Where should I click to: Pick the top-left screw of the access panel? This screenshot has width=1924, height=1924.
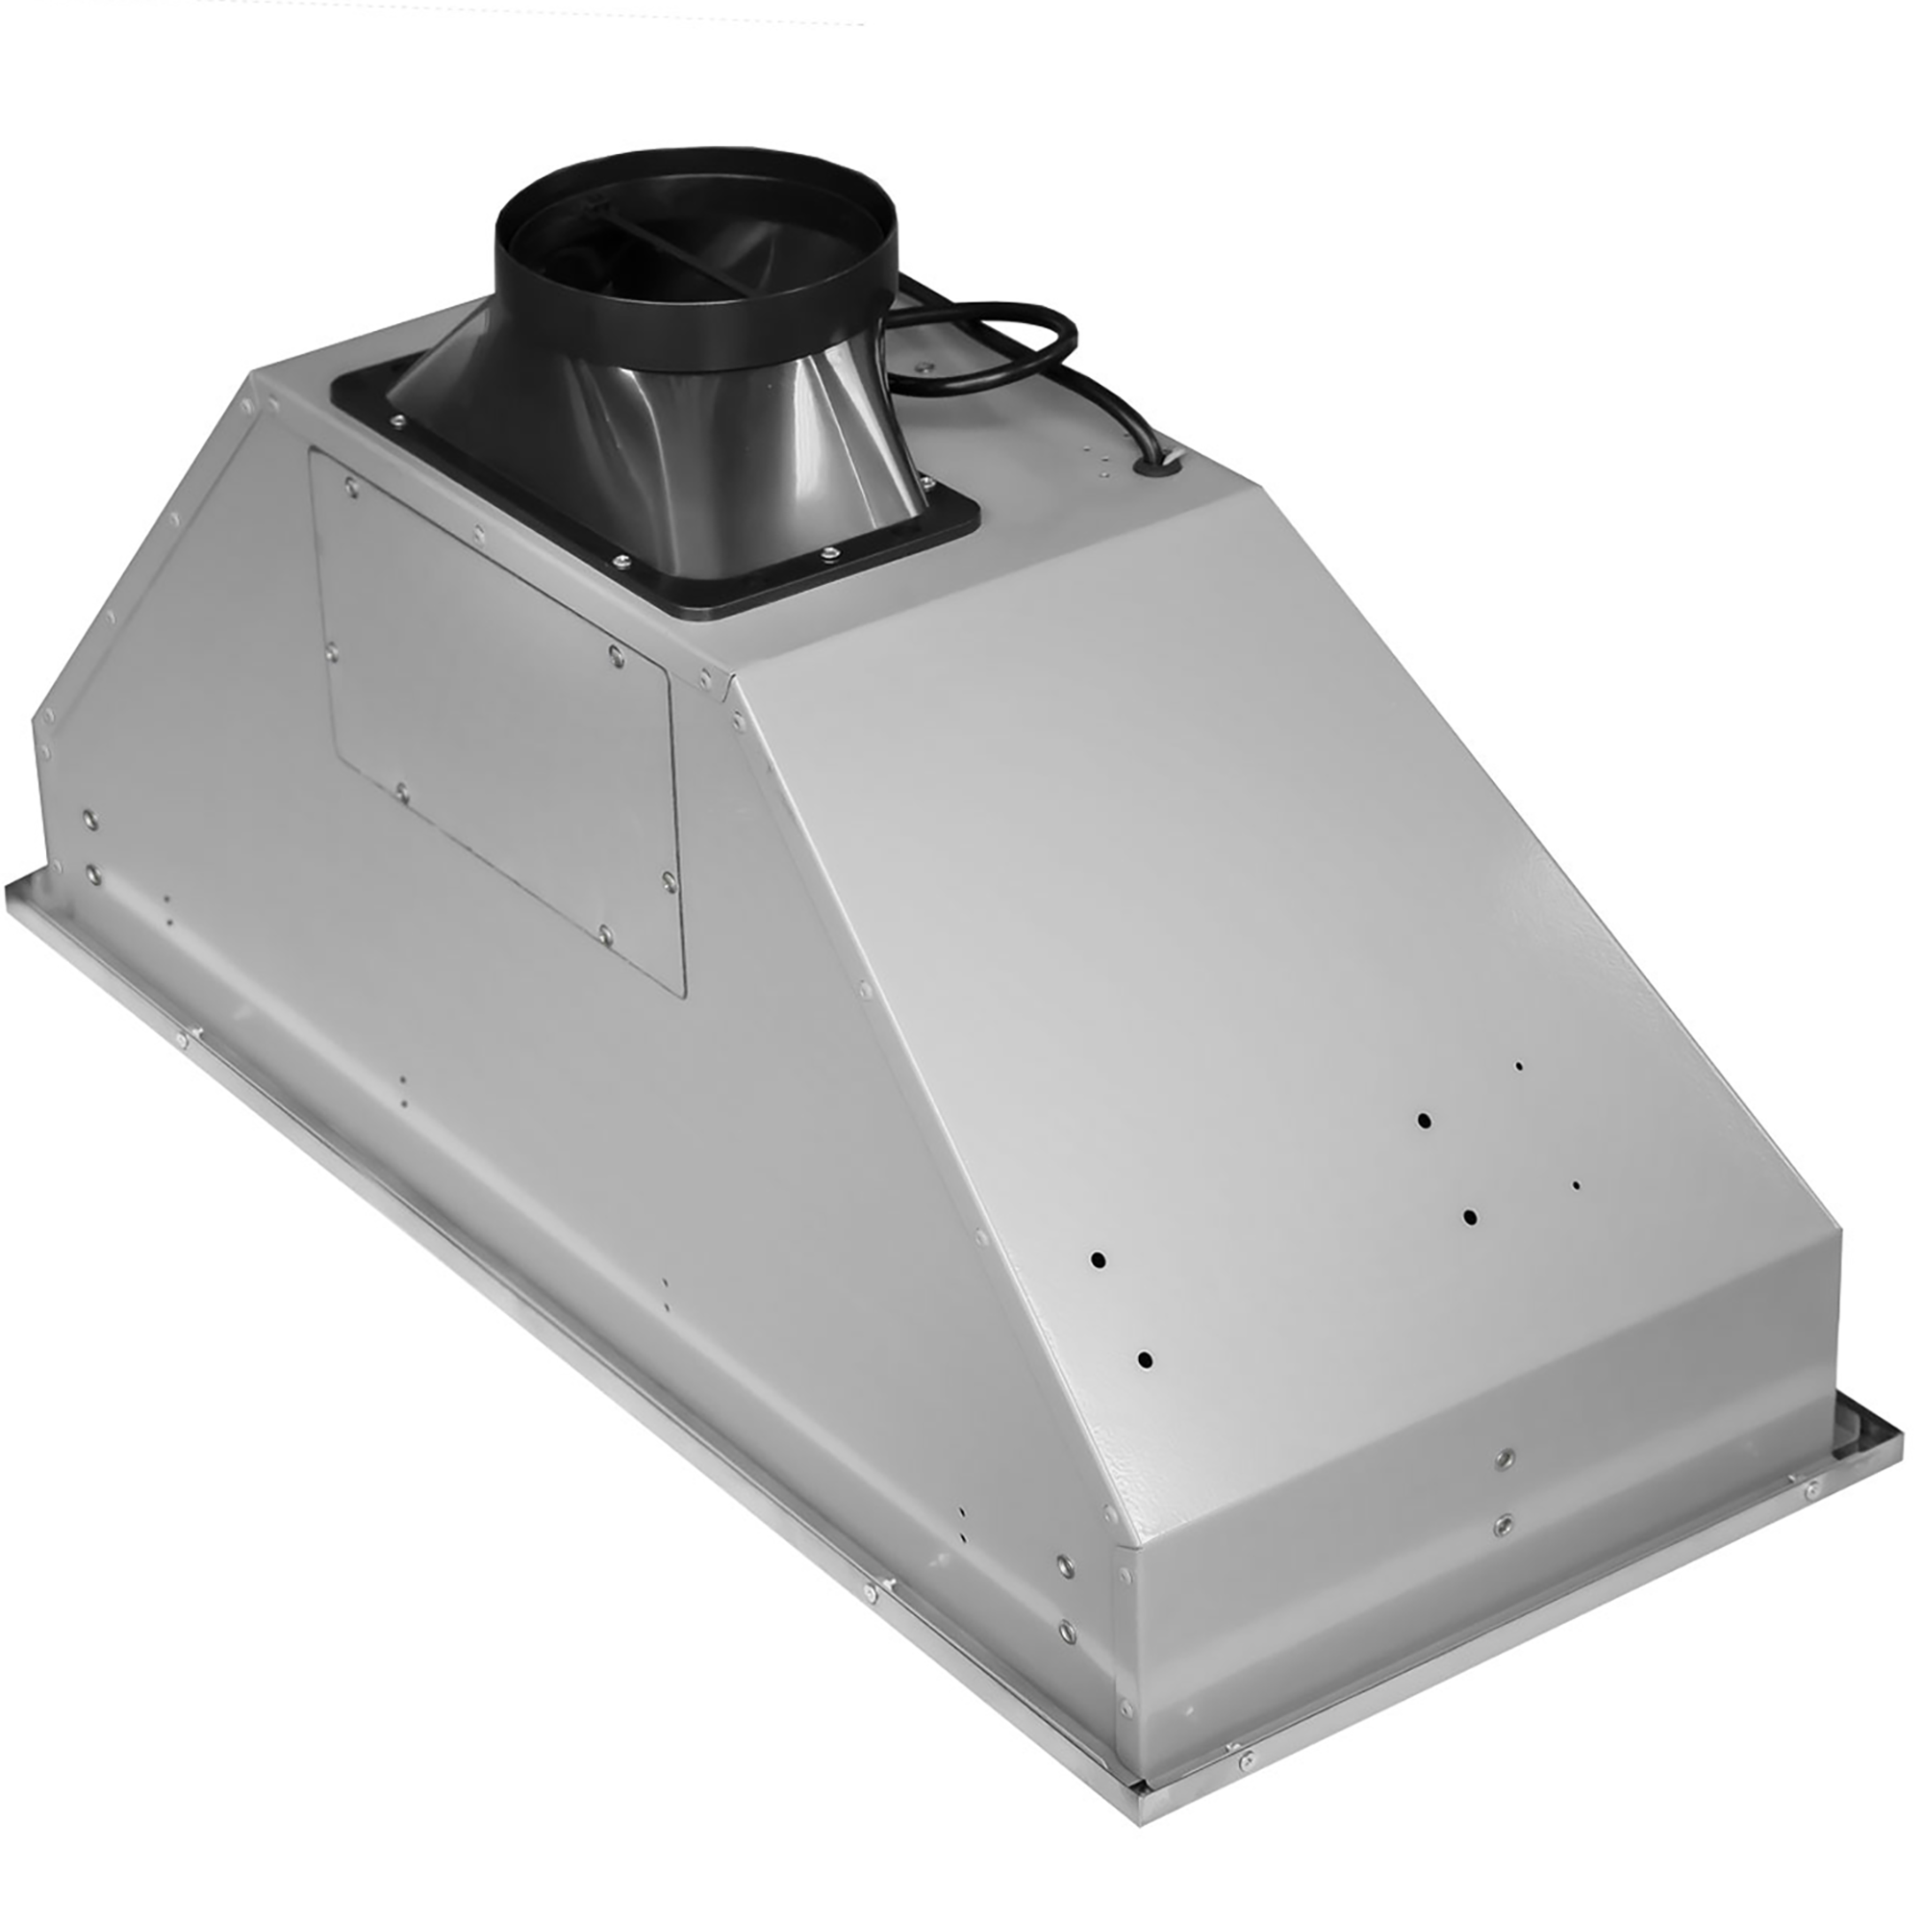pyautogui.click(x=350, y=486)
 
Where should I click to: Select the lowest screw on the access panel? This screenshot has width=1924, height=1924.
pyautogui.click(x=604, y=932)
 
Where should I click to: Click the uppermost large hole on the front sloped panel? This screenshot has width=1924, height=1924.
pyautogui.click(x=1425, y=1121)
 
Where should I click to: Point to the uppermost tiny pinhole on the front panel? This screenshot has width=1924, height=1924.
pyautogui.click(x=1519, y=1067)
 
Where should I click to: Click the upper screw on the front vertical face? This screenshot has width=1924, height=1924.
pyautogui.click(x=1506, y=1459)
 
